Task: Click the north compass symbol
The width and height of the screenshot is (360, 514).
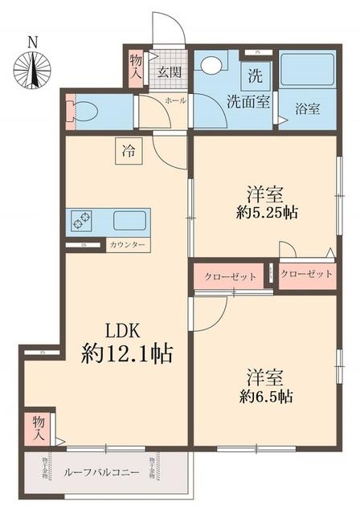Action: (32, 68)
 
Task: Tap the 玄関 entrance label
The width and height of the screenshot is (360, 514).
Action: (170, 73)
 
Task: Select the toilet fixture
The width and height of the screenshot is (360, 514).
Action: (83, 112)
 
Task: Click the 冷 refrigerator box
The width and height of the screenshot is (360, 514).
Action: (129, 149)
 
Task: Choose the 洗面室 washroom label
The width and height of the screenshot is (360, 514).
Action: (247, 102)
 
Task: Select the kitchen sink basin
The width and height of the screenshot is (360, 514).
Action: (129, 219)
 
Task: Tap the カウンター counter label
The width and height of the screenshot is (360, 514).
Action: (127, 245)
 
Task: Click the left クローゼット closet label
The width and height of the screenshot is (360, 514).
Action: (231, 276)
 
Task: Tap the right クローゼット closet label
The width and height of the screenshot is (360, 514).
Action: (307, 275)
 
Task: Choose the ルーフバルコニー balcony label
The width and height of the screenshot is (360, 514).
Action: (101, 473)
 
